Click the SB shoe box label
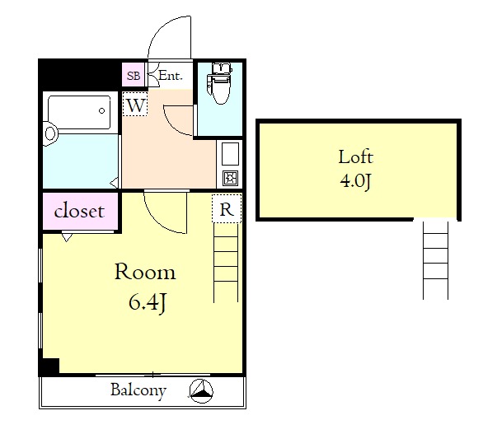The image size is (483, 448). pyautogui.click(x=134, y=76)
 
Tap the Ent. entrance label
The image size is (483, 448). pyautogui.click(x=171, y=76)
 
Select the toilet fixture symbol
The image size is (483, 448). pyautogui.click(x=219, y=83)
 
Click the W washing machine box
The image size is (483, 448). pyautogui.click(x=135, y=104)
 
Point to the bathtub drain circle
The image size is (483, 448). pyautogui.click(x=101, y=111)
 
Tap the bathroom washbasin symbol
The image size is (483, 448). pyautogui.click(x=50, y=134)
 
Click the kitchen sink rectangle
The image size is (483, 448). pyautogui.click(x=230, y=154)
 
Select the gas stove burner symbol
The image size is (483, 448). pyautogui.click(x=230, y=178)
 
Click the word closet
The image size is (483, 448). pyautogui.click(x=79, y=211)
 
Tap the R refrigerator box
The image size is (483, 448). pyautogui.click(x=227, y=208)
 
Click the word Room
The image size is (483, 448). pyautogui.click(x=145, y=272)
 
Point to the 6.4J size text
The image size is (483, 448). pyautogui.click(x=148, y=303)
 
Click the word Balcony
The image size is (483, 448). pyautogui.click(x=138, y=390)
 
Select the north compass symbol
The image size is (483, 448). pyautogui.click(x=201, y=391)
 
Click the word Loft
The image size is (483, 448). pyautogui.click(x=356, y=157)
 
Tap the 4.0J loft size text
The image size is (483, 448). pyautogui.click(x=356, y=180)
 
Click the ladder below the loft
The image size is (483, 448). pyautogui.click(x=435, y=260)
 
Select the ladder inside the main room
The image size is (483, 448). pyautogui.click(x=226, y=263)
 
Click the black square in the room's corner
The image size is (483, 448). pyautogui.click(x=50, y=366)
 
